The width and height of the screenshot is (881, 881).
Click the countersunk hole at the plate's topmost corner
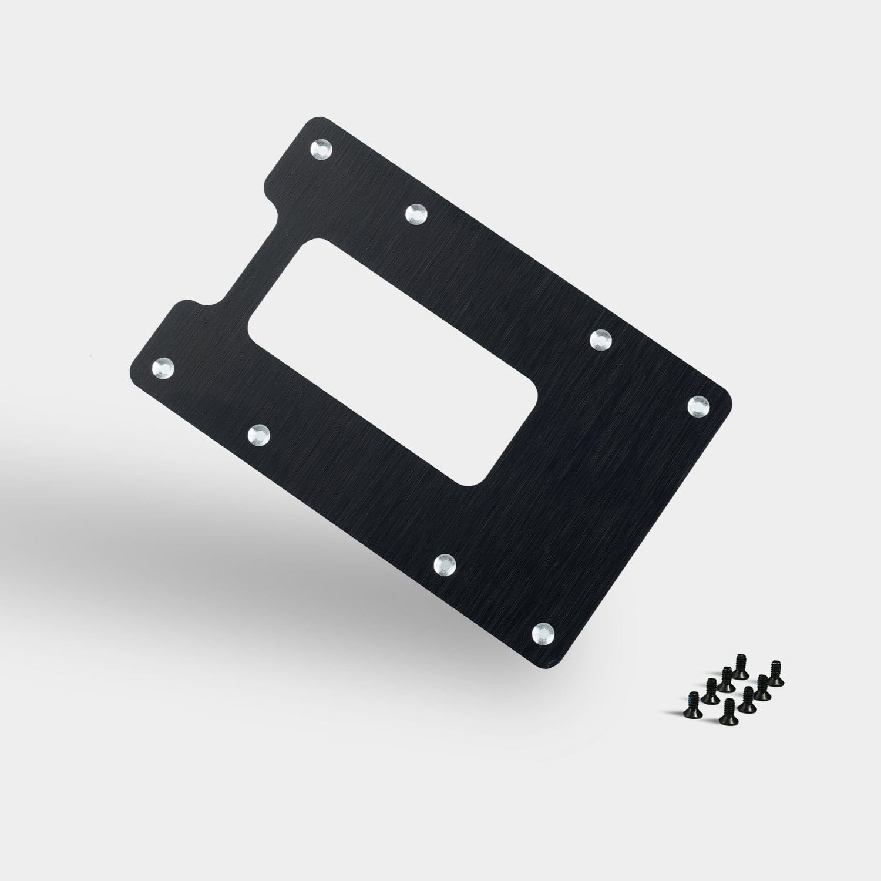(322, 149)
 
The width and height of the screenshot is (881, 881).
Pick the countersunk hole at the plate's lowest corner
(543, 632)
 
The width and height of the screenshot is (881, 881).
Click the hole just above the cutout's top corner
(417, 214)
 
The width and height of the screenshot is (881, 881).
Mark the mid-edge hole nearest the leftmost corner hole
(258, 435)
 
